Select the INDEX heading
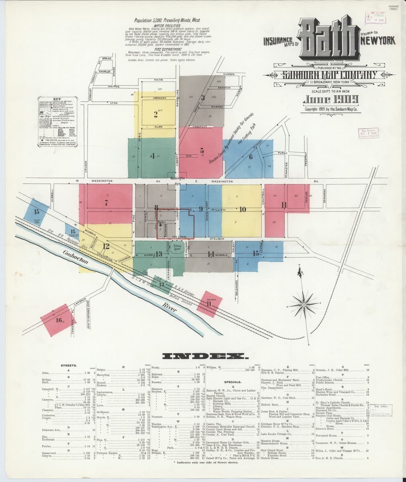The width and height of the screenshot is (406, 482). tap(205, 356)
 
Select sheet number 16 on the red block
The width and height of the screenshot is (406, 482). tap(59, 320)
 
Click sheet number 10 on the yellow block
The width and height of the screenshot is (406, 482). tap(242, 209)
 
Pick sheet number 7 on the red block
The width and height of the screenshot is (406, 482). tap(106, 203)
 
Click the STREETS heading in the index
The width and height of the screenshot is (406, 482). tap(66, 366)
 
